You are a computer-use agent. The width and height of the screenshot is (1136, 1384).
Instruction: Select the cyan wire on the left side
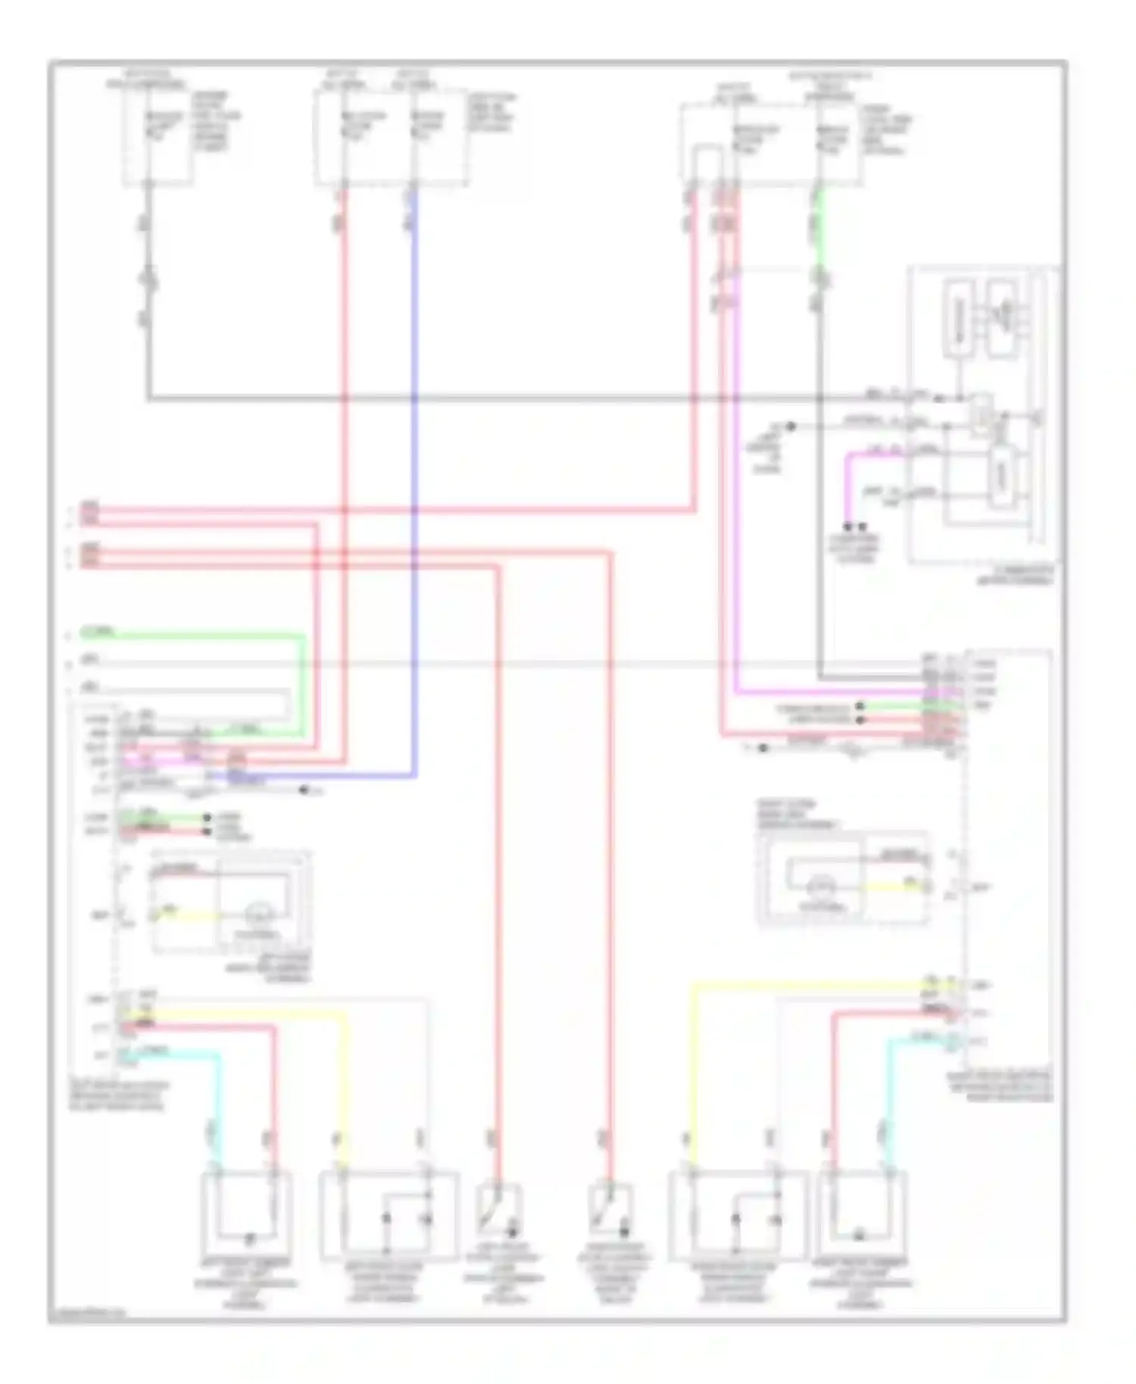pos(220,1098)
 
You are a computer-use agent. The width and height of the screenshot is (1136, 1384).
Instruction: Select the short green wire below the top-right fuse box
pos(819,227)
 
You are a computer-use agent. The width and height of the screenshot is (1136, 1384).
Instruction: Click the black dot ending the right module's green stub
pos(860,706)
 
